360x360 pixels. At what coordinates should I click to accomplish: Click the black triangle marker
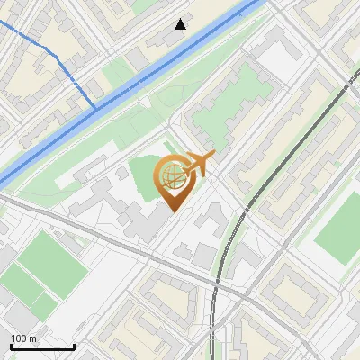[181, 24]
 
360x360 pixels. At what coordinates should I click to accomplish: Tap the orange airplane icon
[196, 165]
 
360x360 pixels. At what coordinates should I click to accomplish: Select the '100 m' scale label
[23, 338]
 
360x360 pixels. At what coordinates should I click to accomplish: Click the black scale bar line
[41, 346]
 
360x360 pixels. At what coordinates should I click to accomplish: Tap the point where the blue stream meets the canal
[94, 108]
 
